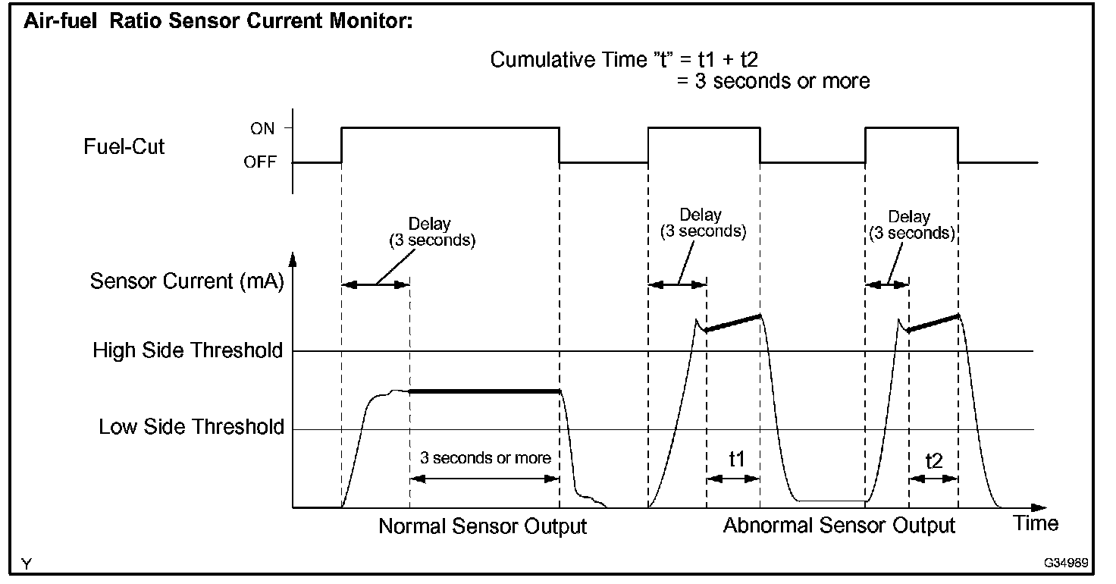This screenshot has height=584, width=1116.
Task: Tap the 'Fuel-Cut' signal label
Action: tap(124, 146)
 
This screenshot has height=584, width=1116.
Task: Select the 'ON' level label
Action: tap(262, 129)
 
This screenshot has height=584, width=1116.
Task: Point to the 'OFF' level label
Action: tap(260, 162)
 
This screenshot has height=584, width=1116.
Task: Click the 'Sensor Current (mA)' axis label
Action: tap(187, 281)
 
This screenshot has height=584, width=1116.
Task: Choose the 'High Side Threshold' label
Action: tap(188, 351)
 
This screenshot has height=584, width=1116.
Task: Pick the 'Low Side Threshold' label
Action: tap(191, 428)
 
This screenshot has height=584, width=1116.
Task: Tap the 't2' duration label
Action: tap(934, 460)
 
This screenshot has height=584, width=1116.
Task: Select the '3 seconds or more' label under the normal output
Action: tap(485, 458)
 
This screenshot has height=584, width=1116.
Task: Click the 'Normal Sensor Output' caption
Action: tap(483, 526)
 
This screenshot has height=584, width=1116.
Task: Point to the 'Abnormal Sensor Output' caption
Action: tap(839, 526)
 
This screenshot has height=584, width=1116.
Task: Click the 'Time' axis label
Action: tap(1036, 523)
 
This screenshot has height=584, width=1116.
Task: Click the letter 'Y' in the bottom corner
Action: tap(27, 564)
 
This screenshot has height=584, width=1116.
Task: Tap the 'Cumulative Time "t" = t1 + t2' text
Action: tap(632, 60)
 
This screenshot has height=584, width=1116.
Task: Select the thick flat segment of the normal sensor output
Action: tap(485, 391)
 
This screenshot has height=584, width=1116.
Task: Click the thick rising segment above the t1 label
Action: tap(733, 323)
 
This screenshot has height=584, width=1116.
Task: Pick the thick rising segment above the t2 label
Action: tap(934, 322)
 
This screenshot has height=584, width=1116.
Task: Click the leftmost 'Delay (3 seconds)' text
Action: tap(430, 232)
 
